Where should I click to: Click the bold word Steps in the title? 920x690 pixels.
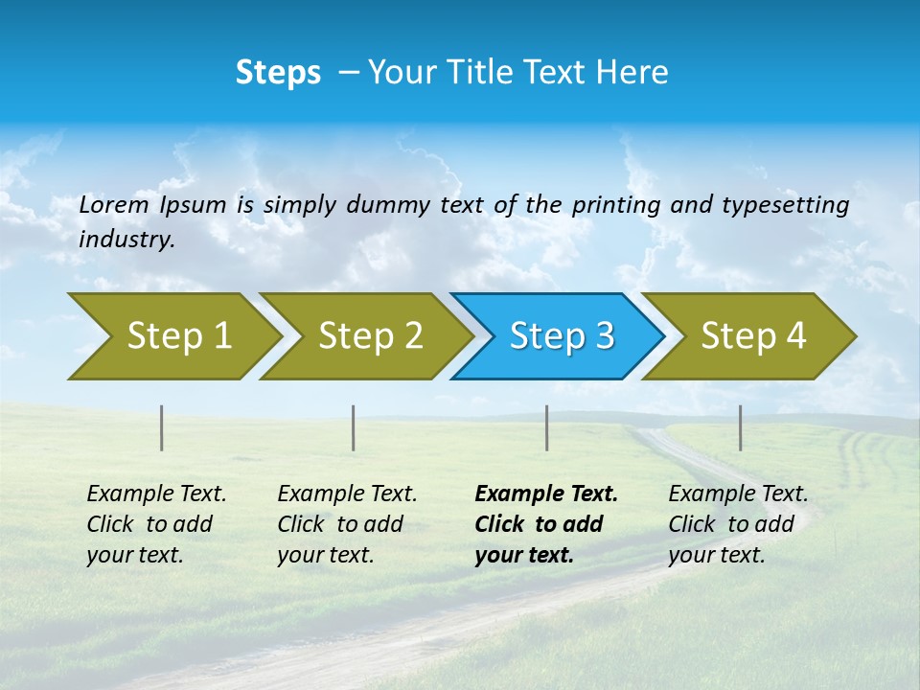[278, 73]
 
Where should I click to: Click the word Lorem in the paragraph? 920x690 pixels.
[114, 204]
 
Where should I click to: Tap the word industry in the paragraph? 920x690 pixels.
[126, 240]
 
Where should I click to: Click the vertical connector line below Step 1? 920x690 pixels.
[162, 427]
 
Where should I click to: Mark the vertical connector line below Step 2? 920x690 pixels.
[354, 427]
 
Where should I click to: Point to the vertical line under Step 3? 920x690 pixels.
[547, 427]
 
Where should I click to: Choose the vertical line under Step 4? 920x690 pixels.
[741, 427]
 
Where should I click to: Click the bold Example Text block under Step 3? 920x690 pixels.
[546, 524]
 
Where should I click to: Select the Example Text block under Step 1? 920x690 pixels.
[156, 524]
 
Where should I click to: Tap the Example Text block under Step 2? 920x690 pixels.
[347, 524]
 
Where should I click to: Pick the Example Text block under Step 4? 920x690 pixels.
[738, 524]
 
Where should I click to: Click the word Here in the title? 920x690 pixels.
[632, 73]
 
